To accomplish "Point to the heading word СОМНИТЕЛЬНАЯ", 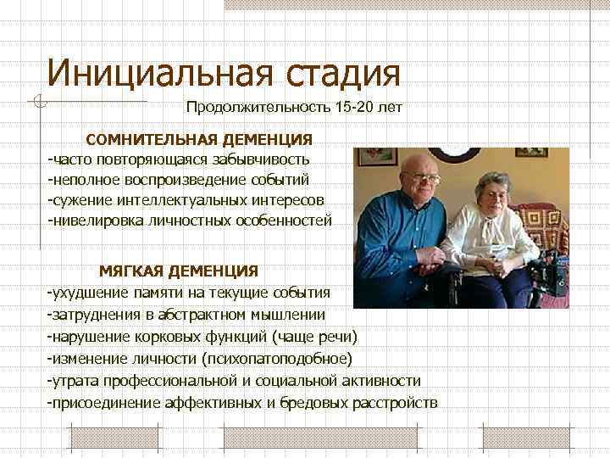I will point(153,138).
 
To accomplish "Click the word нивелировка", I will point(94,220).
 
